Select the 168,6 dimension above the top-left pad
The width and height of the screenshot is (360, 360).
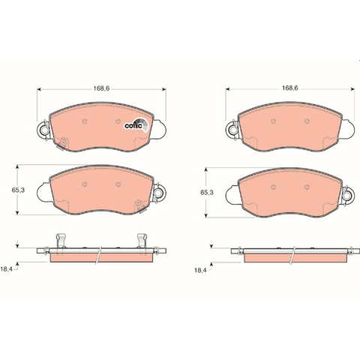coord(101,88)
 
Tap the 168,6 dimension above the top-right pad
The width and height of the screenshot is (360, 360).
coord(290,88)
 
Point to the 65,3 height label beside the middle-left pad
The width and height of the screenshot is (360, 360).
coord(18,190)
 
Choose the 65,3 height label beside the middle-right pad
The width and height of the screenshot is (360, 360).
coord(207,193)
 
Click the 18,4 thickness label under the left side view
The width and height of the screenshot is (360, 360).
coord(7,269)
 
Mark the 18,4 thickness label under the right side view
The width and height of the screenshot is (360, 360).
coord(200,270)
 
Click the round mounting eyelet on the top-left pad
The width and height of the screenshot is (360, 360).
coord(44,130)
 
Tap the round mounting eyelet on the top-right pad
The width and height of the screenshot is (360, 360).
coord(233,130)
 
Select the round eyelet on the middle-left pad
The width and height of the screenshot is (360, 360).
coord(158,193)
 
